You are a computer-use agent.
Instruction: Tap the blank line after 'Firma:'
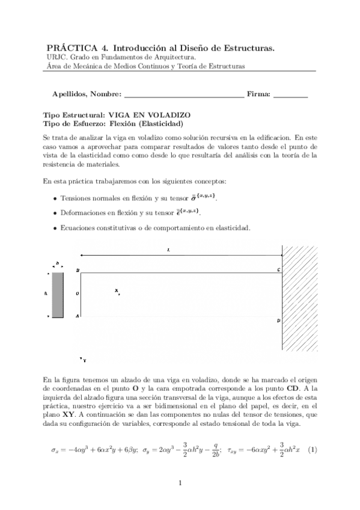[290, 95]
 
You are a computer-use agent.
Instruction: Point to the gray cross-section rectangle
[57, 295]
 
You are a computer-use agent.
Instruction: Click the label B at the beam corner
[78, 271]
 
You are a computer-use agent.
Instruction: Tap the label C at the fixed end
[278, 271]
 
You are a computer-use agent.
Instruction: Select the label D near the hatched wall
[278, 321]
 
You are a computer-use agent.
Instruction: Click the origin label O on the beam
[78, 294]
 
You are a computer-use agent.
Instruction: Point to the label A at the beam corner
[78, 316]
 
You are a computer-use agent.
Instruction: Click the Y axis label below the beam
[84, 360]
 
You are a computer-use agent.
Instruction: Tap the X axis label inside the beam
[117, 290]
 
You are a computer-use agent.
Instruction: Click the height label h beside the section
[46, 294]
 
